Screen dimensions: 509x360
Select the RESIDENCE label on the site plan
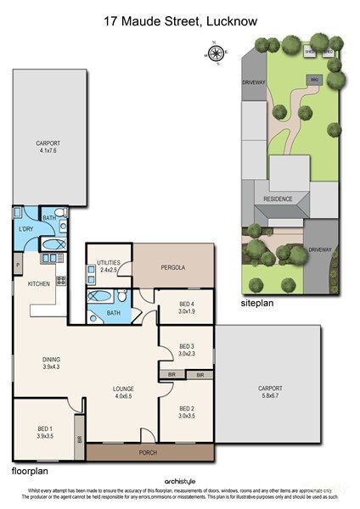pos(278,199)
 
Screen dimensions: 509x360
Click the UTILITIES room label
pos(109,263)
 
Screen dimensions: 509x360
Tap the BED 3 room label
pos(185,346)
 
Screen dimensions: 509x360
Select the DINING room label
pos(52,360)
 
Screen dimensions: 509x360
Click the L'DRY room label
pos(25,229)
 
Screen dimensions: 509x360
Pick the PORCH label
pos(149,452)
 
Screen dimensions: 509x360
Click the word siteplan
pos(258,302)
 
